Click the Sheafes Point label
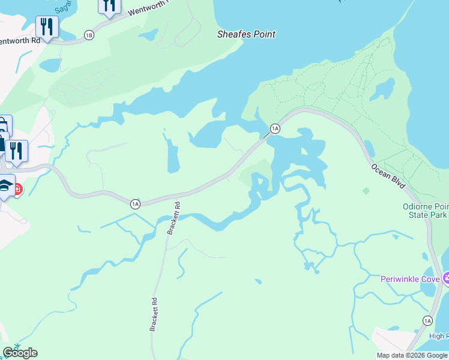point(246,34)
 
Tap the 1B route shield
point(89,35)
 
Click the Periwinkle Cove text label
point(411,279)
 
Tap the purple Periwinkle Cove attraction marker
point(446,278)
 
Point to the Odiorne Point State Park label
point(425,211)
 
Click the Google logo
point(20,353)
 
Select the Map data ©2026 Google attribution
point(412,355)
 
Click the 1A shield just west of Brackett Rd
point(135,204)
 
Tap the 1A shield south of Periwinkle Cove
point(427,321)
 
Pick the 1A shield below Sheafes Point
point(275,128)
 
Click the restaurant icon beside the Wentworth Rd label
point(46,27)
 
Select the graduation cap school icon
point(5,185)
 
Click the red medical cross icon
point(18,190)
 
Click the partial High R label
point(438,336)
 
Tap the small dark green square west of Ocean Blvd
point(366,191)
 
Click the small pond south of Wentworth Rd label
point(50,64)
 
